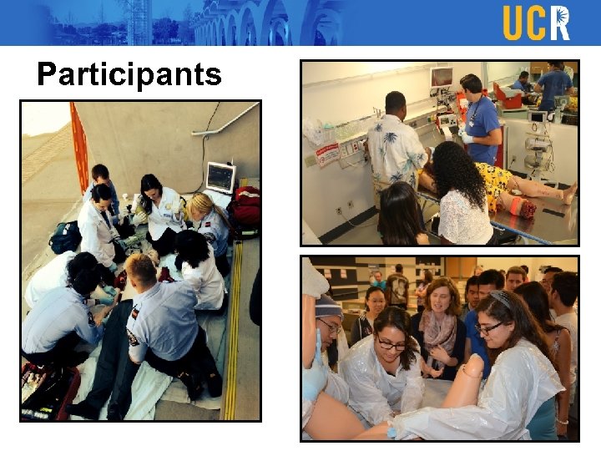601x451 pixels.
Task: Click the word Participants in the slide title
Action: [129, 74]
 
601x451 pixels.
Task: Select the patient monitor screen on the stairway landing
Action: [220, 176]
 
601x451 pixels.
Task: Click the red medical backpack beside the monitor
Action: [245, 210]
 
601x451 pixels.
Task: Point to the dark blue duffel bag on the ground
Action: [65, 237]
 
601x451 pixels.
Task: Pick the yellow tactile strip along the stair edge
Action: [231, 334]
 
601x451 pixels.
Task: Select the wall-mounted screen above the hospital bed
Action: [441, 77]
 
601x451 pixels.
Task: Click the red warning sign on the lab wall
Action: [328, 154]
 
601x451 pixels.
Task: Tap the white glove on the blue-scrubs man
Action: [465, 134]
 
